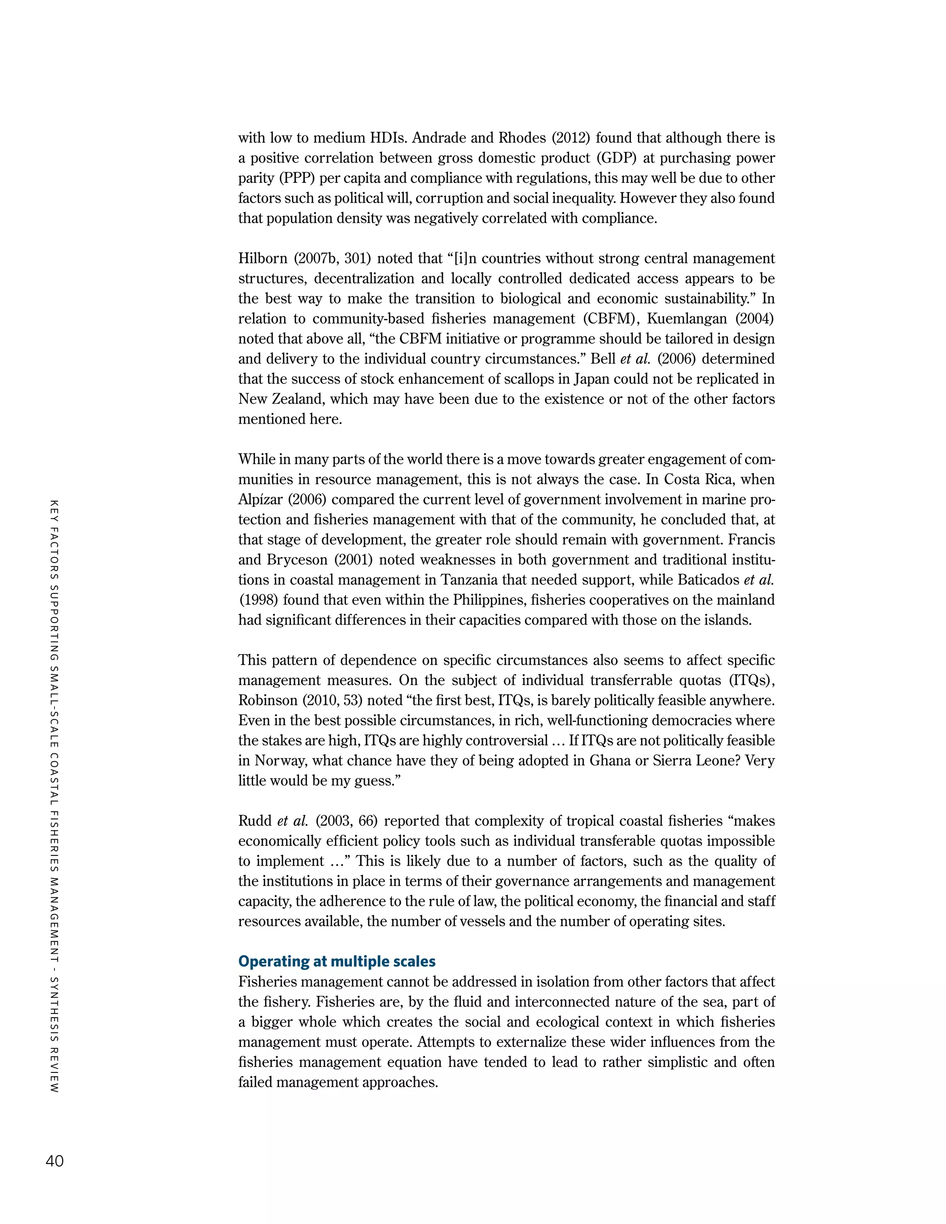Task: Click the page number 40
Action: coord(55,1161)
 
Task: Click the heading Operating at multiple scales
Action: coord(337,961)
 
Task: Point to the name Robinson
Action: coord(268,701)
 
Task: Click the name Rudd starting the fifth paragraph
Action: coord(255,821)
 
